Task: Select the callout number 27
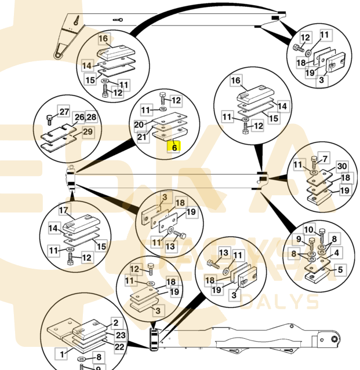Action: (x=64, y=112)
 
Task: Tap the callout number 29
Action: (x=87, y=133)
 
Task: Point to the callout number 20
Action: (x=139, y=125)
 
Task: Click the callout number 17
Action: (x=64, y=211)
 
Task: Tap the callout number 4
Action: (x=336, y=252)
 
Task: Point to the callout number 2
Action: (x=115, y=323)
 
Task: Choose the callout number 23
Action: (x=119, y=335)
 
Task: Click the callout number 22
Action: (x=119, y=346)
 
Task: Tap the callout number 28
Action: (x=91, y=117)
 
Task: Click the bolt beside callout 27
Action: (x=50, y=120)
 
